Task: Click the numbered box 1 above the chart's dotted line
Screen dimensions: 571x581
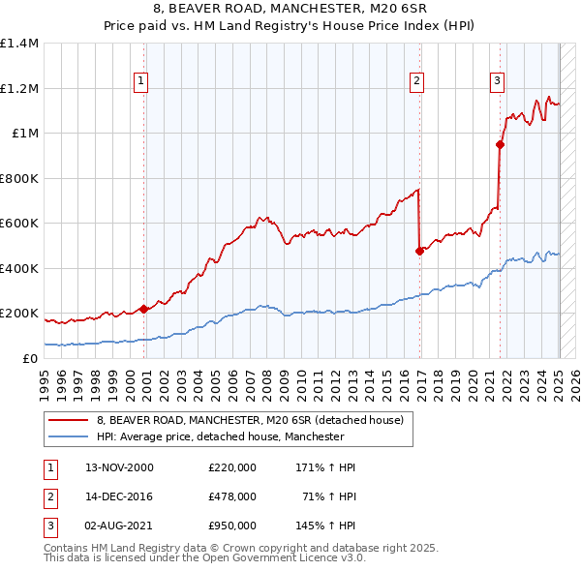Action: tap(141, 81)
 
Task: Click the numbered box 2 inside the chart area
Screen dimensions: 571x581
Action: tap(416, 81)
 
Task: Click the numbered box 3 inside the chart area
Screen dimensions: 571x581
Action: tap(497, 81)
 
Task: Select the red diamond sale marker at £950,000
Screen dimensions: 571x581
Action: tap(501, 145)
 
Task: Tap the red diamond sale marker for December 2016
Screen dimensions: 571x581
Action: tap(420, 251)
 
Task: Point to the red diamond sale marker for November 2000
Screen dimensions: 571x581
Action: tap(143, 309)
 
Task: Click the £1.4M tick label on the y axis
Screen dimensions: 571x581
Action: tap(19, 44)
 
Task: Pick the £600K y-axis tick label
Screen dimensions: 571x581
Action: tap(19, 224)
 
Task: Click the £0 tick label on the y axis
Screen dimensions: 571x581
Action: tap(29, 358)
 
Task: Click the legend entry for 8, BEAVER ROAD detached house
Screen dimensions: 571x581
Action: tap(256, 420)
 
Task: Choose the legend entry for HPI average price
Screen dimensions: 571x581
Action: tap(220, 437)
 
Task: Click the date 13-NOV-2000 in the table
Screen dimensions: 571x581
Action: tap(120, 467)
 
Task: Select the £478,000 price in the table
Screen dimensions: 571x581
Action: tap(232, 496)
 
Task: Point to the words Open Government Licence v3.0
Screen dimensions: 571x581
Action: tap(287, 558)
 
